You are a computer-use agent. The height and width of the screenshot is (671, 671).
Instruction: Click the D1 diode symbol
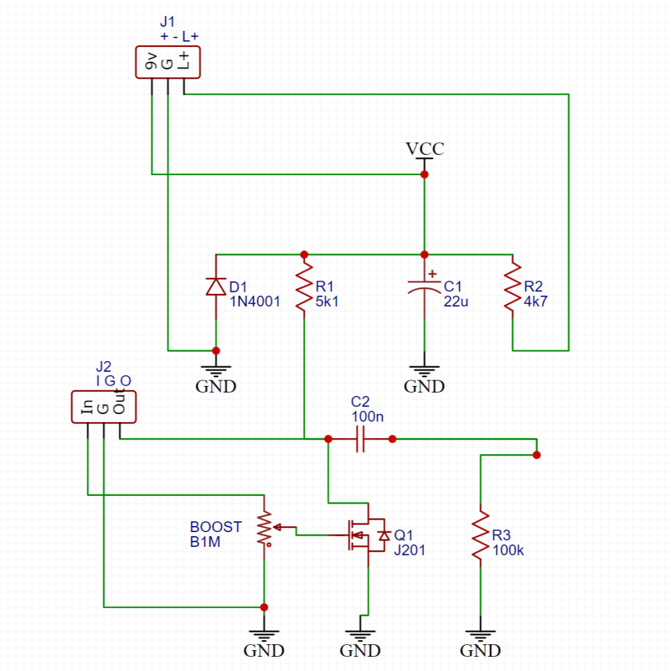215,287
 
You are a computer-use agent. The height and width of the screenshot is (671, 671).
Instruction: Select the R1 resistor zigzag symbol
304,287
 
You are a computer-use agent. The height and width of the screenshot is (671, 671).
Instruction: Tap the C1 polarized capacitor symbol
424,289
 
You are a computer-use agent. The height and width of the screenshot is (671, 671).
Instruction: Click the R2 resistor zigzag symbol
513,287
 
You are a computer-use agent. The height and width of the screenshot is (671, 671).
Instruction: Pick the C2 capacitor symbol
360,440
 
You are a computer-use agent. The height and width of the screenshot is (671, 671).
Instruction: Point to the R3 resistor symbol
480,535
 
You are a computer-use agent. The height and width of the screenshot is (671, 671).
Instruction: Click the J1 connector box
170,64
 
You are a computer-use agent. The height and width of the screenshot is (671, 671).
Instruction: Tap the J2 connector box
103,407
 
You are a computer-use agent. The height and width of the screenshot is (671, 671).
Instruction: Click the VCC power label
424,149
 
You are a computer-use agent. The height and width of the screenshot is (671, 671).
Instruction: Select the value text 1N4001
255,301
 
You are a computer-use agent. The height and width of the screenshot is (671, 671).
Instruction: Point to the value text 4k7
535,301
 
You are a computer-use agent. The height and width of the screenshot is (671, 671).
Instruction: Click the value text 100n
367,417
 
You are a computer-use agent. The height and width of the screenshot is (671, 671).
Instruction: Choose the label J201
409,550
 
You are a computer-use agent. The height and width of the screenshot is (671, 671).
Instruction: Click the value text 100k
507,550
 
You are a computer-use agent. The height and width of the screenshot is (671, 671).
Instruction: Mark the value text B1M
205,542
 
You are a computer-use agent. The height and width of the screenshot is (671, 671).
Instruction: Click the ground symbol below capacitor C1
424,371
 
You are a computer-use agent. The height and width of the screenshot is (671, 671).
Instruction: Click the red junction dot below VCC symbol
424,174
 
